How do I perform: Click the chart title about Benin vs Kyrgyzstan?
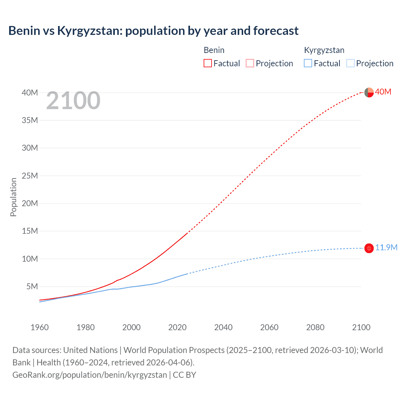click(x=153, y=31)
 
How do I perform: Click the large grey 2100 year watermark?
click(x=73, y=101)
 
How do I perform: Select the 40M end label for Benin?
click(x=383, y=92)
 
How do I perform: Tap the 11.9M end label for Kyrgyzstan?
click(x=386, y=248)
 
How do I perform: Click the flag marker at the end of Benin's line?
click(x=369, y=93)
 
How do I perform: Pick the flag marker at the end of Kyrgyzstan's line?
click(x=369, y=248)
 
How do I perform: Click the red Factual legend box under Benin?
click(x=207, y=63)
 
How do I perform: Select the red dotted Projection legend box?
click(x=250, y=63)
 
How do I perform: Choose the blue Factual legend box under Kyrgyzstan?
click(x=308, y=63)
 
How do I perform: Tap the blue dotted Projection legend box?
click(x=350, y=63)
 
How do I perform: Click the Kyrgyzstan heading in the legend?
click(x=324, y=50)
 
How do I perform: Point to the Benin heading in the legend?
click(x=214, y=50)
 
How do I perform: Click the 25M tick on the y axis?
click(x=30, y=176)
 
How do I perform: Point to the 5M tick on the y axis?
click(x=32, y=287)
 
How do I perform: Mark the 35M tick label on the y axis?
click(x=30, y=121)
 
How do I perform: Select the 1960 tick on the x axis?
click(x=40, y=327)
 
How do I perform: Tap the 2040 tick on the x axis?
click(x=223, y=327)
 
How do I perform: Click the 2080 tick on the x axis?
click(x=315, y=327)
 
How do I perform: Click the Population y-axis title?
click(x=13, y=197)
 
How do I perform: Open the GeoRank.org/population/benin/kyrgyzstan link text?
click(x=89, y=375)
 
